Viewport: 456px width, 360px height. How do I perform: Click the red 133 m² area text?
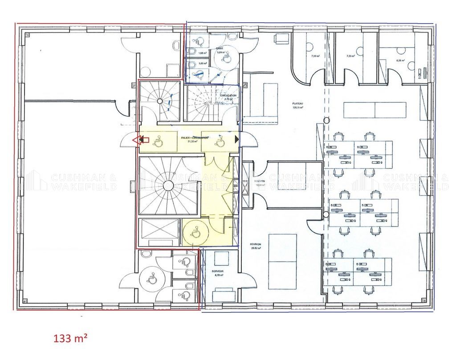click(x=70, y=338)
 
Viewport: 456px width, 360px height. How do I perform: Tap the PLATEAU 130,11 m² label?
click(x=297, y=105)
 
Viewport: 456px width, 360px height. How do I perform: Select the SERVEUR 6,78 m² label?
click(x=218, y=273)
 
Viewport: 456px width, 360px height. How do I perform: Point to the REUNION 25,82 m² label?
click(x=256, y=247)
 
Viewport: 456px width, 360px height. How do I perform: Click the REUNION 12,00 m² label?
click(x=260, y=183)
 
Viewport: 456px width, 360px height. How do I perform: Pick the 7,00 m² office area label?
click(x=316, y=56)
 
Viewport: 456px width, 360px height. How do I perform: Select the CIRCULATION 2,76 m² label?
click(x=228, y=97)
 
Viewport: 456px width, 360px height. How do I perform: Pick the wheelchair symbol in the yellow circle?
click(x=194, y=232)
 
